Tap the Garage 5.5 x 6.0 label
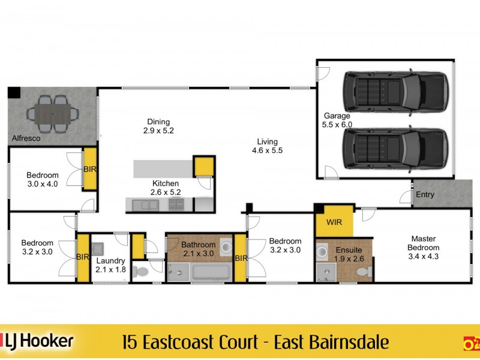click(x=338, y=121)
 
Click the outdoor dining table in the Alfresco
click(x=53, y=112)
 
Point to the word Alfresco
click(x=26, y=139)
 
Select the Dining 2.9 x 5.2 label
click(x=158, y=126)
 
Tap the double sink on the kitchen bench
click(x=142, y=205)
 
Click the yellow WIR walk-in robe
click(x=334, y=223)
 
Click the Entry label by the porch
click(x=425, y=195)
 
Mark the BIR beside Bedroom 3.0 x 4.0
click(x=89, y=170)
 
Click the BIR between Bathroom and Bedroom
click(x=240, y=258)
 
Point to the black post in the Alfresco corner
click(x=14, y=93)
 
